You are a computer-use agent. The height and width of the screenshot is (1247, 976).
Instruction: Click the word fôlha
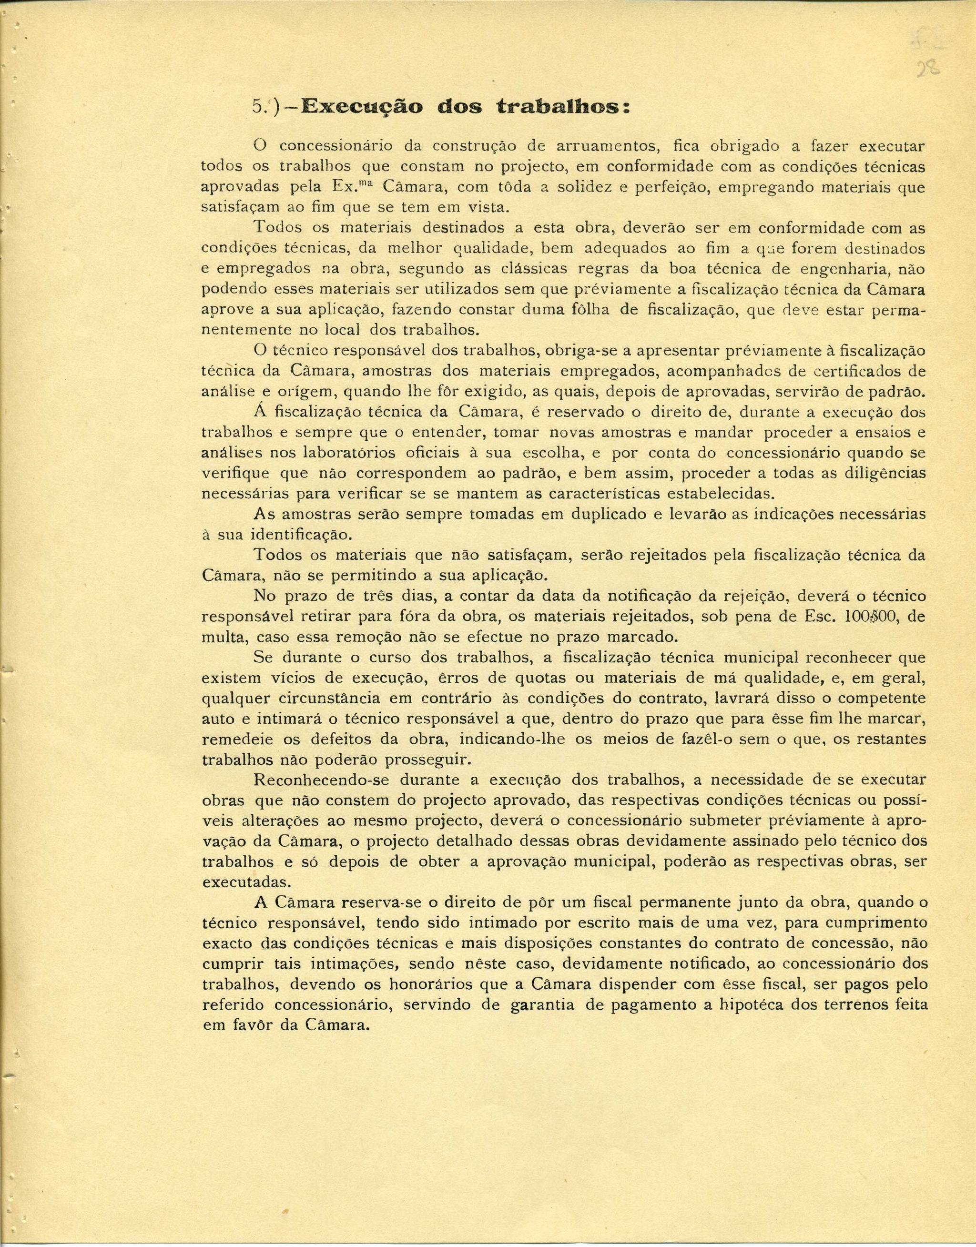coord(586,310)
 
